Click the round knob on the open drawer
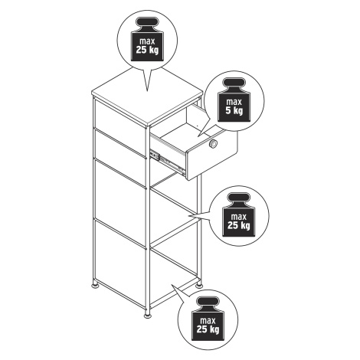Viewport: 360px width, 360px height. tap(212, 144)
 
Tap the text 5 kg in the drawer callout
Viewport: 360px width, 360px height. tap(234, 111)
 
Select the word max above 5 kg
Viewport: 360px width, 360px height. tap(234, 102)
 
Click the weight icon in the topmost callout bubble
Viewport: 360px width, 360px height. tap(147, 39)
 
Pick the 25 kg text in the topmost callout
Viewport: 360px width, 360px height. tap(147, 50)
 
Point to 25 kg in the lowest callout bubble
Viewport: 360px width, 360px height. tap(208, 329)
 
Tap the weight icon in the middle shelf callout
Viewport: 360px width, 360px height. tap(238, 214)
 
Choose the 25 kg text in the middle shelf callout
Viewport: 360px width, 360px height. tap(239, 225)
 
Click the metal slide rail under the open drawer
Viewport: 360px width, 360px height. tap(167, 162)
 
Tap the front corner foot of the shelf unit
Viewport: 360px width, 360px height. tap(147, 316)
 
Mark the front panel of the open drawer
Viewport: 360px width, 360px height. tap(212, 152)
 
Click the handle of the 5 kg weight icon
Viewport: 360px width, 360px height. tap(234, 83)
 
